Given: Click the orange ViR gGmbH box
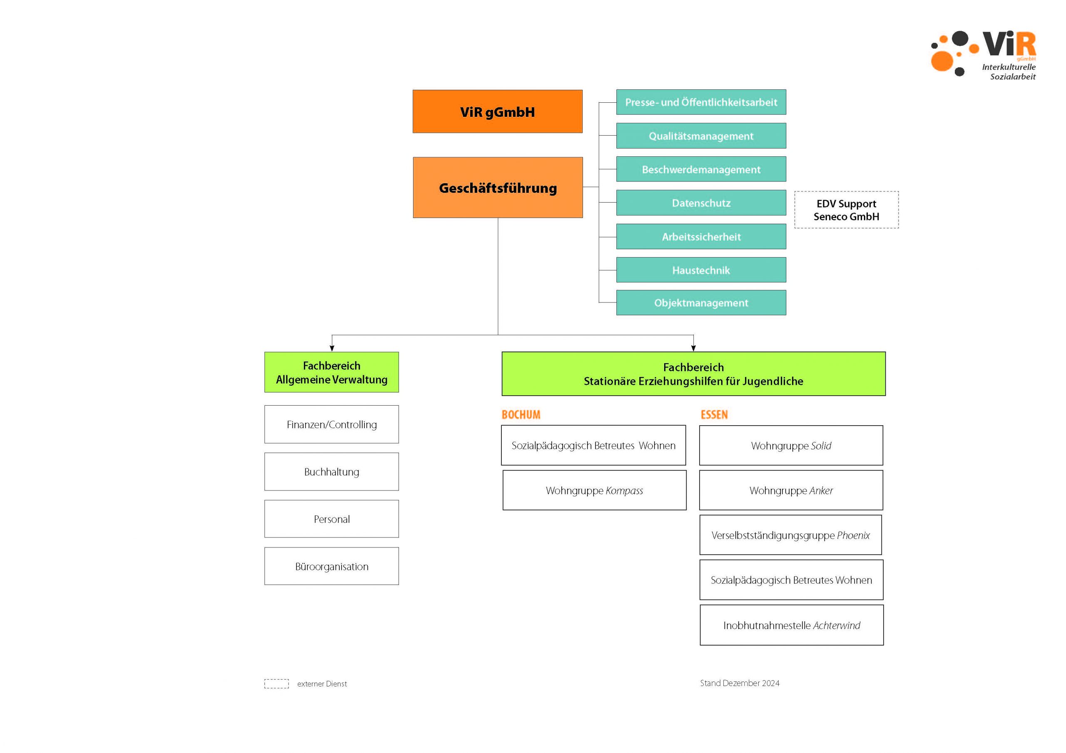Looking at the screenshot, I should [497, 111].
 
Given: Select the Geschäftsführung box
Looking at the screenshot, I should [498, 188].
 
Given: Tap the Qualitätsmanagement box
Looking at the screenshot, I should [701, 136].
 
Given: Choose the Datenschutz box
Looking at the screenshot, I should [701, 203].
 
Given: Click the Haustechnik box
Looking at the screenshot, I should [701, 270].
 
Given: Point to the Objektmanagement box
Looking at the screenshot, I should [701, 302].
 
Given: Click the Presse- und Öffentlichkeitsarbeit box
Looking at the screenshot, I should [701, 102].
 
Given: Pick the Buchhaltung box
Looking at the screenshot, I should [331, 471].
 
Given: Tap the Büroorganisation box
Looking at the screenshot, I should [331, 566].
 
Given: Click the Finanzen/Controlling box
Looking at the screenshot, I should [331, 424].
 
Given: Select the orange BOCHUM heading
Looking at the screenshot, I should [521, 414].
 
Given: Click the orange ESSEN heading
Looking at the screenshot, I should [714, 414].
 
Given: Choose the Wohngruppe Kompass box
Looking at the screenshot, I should [594, 490].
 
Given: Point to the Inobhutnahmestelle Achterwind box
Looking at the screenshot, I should [791, 625].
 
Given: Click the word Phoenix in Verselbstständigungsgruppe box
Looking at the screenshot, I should [853, 535].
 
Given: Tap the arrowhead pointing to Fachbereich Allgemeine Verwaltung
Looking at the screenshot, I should [331, 348].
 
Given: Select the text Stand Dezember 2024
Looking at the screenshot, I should [739, 683].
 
